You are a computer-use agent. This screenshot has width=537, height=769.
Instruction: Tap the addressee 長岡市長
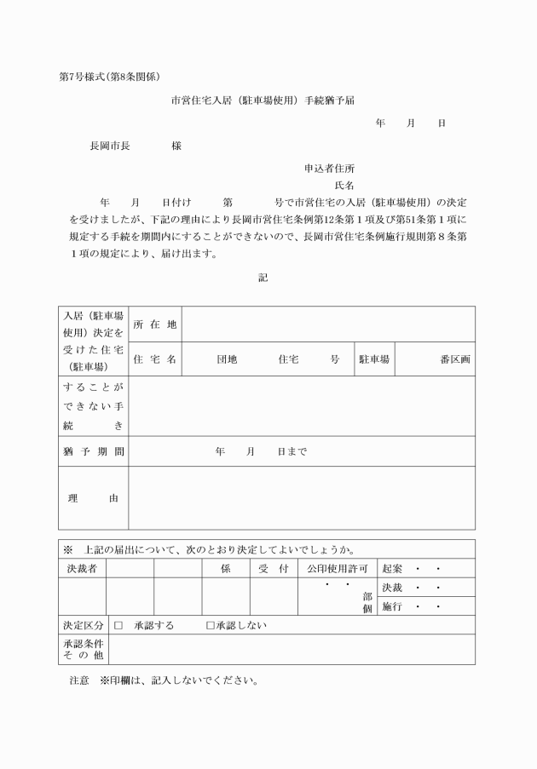coord(110,146)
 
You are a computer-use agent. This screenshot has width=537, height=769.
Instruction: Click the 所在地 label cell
coord(154,324)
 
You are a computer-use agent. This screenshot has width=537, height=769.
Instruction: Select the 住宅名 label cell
coord(154,359)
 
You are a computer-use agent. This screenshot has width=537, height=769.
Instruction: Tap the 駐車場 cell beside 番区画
coord(372,359)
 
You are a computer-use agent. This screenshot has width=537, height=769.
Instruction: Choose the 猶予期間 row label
coord(94,451)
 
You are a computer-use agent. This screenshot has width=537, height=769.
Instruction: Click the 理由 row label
coord(93,498)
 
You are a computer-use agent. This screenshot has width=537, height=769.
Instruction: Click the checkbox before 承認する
coord(118,626)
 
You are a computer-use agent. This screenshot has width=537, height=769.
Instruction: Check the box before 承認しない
coord(211,626)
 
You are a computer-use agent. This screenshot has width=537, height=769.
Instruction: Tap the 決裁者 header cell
coord(82,568)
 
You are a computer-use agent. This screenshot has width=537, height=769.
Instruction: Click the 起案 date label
coord(392,568)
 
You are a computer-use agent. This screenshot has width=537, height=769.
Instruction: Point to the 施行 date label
coord(392,607)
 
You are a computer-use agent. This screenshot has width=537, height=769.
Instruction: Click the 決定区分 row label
coord(83,626)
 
